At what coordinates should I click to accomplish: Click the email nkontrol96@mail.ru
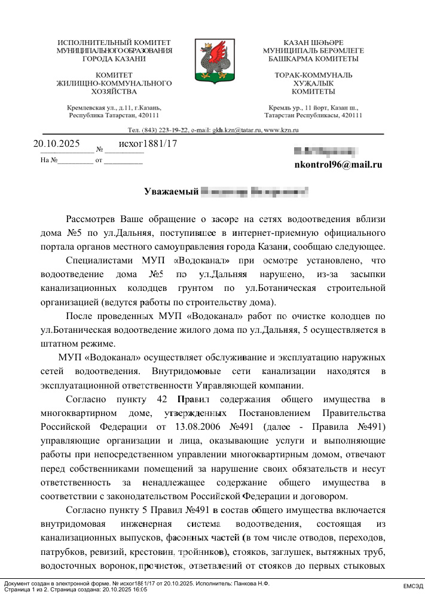[x=338, y=165]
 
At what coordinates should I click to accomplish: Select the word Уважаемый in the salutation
[x=170, y=192]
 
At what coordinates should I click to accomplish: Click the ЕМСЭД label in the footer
[x=412, y=585]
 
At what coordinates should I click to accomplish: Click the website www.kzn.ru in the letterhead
[x=282, y=129]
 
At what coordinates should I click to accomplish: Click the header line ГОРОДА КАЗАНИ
[x=114, y=59]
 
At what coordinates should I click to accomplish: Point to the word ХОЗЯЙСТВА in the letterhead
[x=114, y=92]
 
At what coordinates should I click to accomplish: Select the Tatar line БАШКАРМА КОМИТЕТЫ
[x=313, y=59]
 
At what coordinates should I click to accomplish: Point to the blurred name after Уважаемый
[x=255, y=192]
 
